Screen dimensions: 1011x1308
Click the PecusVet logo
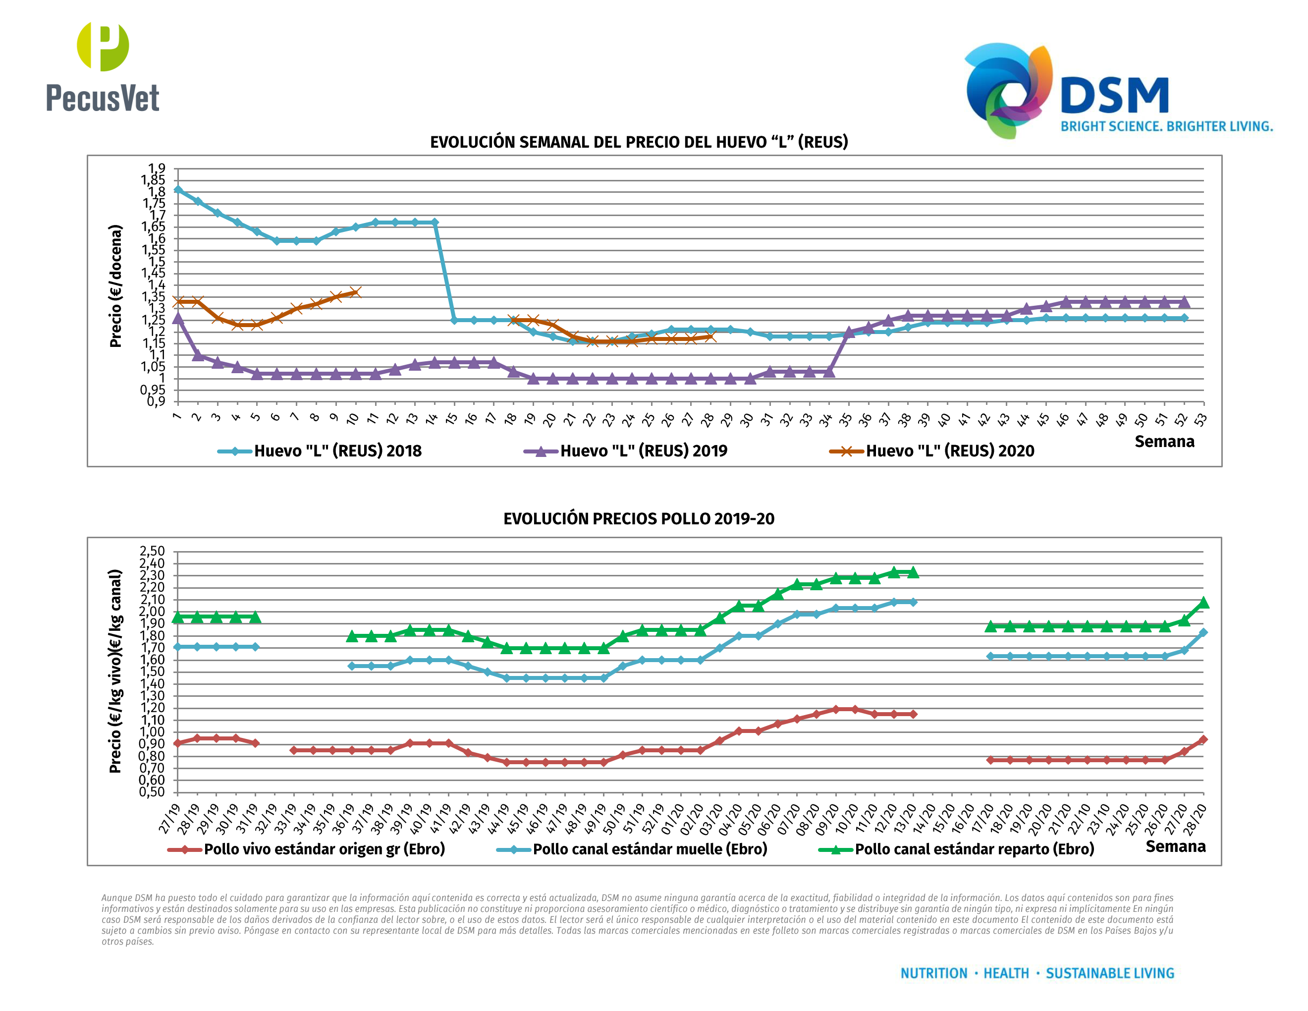tap(103, 67)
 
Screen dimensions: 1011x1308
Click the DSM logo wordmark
tap(1114, 96)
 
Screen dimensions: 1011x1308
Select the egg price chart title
tap(639, 142)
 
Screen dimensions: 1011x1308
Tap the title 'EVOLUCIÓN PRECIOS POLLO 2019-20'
tap(639, 519)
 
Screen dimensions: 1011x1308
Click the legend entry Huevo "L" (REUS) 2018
tap(337, 451)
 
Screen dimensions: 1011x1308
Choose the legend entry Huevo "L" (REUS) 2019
tap(643, 451)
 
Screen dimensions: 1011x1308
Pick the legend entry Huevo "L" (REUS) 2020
tap(949, 451)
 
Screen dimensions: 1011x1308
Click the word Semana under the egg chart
tap(1164, 442)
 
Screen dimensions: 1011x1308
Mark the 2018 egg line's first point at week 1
tap(178, 190)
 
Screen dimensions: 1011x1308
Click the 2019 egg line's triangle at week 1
tap(178, 318)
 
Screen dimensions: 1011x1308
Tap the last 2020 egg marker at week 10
tap(355, 292)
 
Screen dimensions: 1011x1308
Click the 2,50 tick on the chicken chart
tap(152, 551)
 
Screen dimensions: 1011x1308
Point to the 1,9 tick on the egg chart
tap(157, 168)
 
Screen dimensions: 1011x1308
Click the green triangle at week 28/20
tap(1203, 603)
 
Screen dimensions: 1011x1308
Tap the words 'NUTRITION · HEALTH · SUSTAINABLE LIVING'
tap(1036, 973)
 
